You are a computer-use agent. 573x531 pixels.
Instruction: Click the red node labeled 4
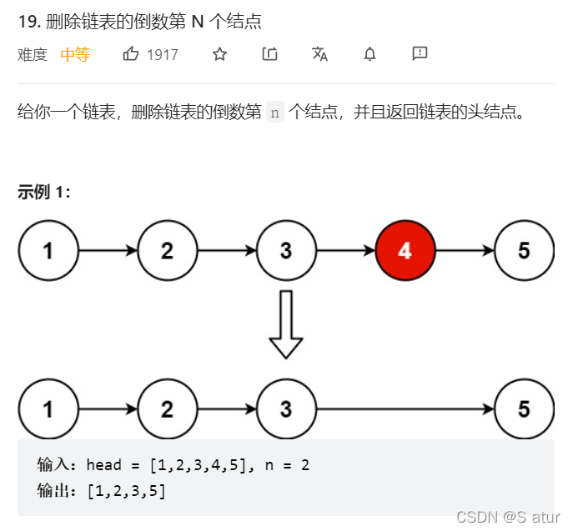coord(405,250)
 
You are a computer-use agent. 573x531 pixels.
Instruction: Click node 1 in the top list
coord(48,250)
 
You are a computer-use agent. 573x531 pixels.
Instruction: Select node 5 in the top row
coord(524,250)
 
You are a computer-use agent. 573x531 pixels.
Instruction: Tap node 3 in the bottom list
coord(286,408)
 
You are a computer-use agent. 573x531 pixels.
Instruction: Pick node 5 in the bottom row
coord(524,408)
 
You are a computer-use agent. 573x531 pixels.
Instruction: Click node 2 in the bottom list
coord(168,408)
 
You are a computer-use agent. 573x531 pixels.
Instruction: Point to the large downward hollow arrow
coord(286,323)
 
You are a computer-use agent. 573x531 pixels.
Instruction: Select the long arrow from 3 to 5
coord(405,408)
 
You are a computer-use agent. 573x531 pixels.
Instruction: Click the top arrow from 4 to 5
coord(465,250)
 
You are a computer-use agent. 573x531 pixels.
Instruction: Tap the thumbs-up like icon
coord(131,54)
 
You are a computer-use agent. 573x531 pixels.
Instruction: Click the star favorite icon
coord(219,54)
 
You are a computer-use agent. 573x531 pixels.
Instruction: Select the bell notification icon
coord(369,54)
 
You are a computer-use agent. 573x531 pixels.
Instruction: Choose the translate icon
coord(319,54)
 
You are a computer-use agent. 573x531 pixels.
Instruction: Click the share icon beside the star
coord(269,54)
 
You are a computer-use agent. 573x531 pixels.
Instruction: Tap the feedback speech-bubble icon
coord(420,54)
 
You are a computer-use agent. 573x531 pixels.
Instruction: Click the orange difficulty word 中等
coord(75,55)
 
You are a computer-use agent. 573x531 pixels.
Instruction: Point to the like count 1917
coord(163,55)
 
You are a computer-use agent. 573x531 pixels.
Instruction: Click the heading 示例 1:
coord(44,193)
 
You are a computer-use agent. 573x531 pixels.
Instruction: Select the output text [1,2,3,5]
coord(126,491)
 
